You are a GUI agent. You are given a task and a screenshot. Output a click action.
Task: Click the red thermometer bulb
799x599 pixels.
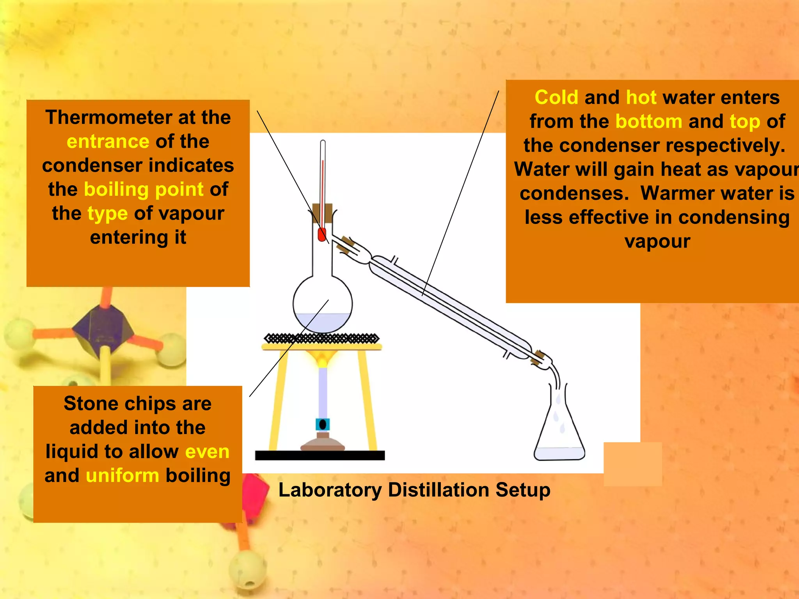pos(322,235)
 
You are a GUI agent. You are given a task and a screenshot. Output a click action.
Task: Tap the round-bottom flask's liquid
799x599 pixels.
pos(323,323)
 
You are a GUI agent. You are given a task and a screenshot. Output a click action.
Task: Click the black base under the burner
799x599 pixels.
pos(320,455)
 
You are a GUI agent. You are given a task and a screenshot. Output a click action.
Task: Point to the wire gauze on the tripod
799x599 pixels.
pos(321,338)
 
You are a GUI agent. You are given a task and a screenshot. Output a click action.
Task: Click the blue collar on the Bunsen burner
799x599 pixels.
pos(323,424)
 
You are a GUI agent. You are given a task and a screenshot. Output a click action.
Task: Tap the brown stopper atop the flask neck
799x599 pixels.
pos(322,213)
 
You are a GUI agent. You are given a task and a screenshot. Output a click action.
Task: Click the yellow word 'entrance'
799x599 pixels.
pos(108,142)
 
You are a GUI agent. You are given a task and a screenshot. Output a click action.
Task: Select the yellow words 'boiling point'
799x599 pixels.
pos(144,190)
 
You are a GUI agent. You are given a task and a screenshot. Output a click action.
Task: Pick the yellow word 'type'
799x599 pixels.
pos(107,214)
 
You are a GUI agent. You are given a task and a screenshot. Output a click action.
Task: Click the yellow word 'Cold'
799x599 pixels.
pos(556,97)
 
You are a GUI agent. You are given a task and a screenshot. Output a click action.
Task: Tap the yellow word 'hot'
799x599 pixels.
pos(641,97)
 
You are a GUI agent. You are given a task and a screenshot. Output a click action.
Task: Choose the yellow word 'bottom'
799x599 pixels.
pos(648,122)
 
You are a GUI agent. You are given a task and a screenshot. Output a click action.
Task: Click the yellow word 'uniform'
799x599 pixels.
pos(123,476)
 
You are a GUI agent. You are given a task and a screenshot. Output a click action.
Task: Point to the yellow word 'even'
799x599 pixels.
pos(207,452)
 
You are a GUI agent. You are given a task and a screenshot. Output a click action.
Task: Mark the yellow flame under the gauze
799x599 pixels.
pos(322,358)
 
